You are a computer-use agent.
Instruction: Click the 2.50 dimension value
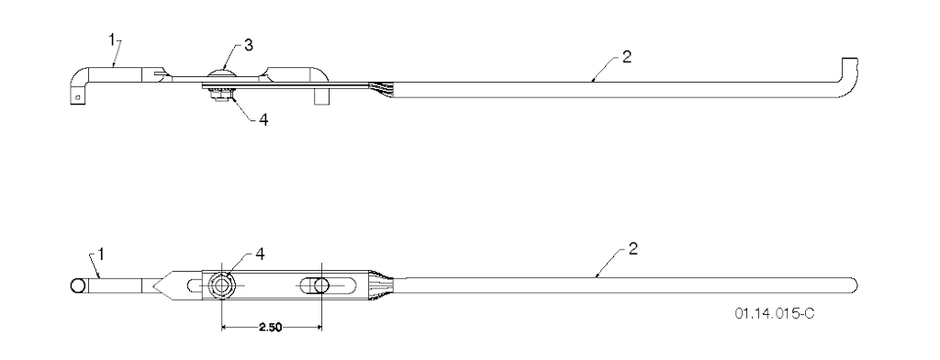(x=271, y=328)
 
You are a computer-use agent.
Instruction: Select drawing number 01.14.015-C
(x=775, y=313)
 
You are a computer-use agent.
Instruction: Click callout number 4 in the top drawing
(x=263, y=119)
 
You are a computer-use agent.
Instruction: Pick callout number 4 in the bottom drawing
(x=259, y=253)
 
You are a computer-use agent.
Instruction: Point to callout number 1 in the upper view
(x=112, y=39)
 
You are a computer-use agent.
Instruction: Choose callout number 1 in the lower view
(x=101, y=254)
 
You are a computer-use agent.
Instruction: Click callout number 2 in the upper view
(x=626, y=58)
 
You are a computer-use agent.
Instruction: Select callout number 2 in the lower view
(x=633, y=249)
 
